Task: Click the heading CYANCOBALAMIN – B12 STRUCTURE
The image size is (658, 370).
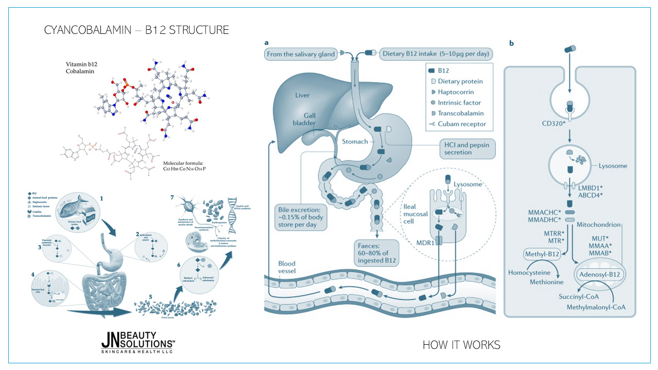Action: (137, 30)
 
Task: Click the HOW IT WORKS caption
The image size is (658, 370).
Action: (461, 345)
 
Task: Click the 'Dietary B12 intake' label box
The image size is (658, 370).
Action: (435, 53)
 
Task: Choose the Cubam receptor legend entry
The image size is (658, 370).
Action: (460, 124)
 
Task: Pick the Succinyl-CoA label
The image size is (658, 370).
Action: (579, 297)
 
